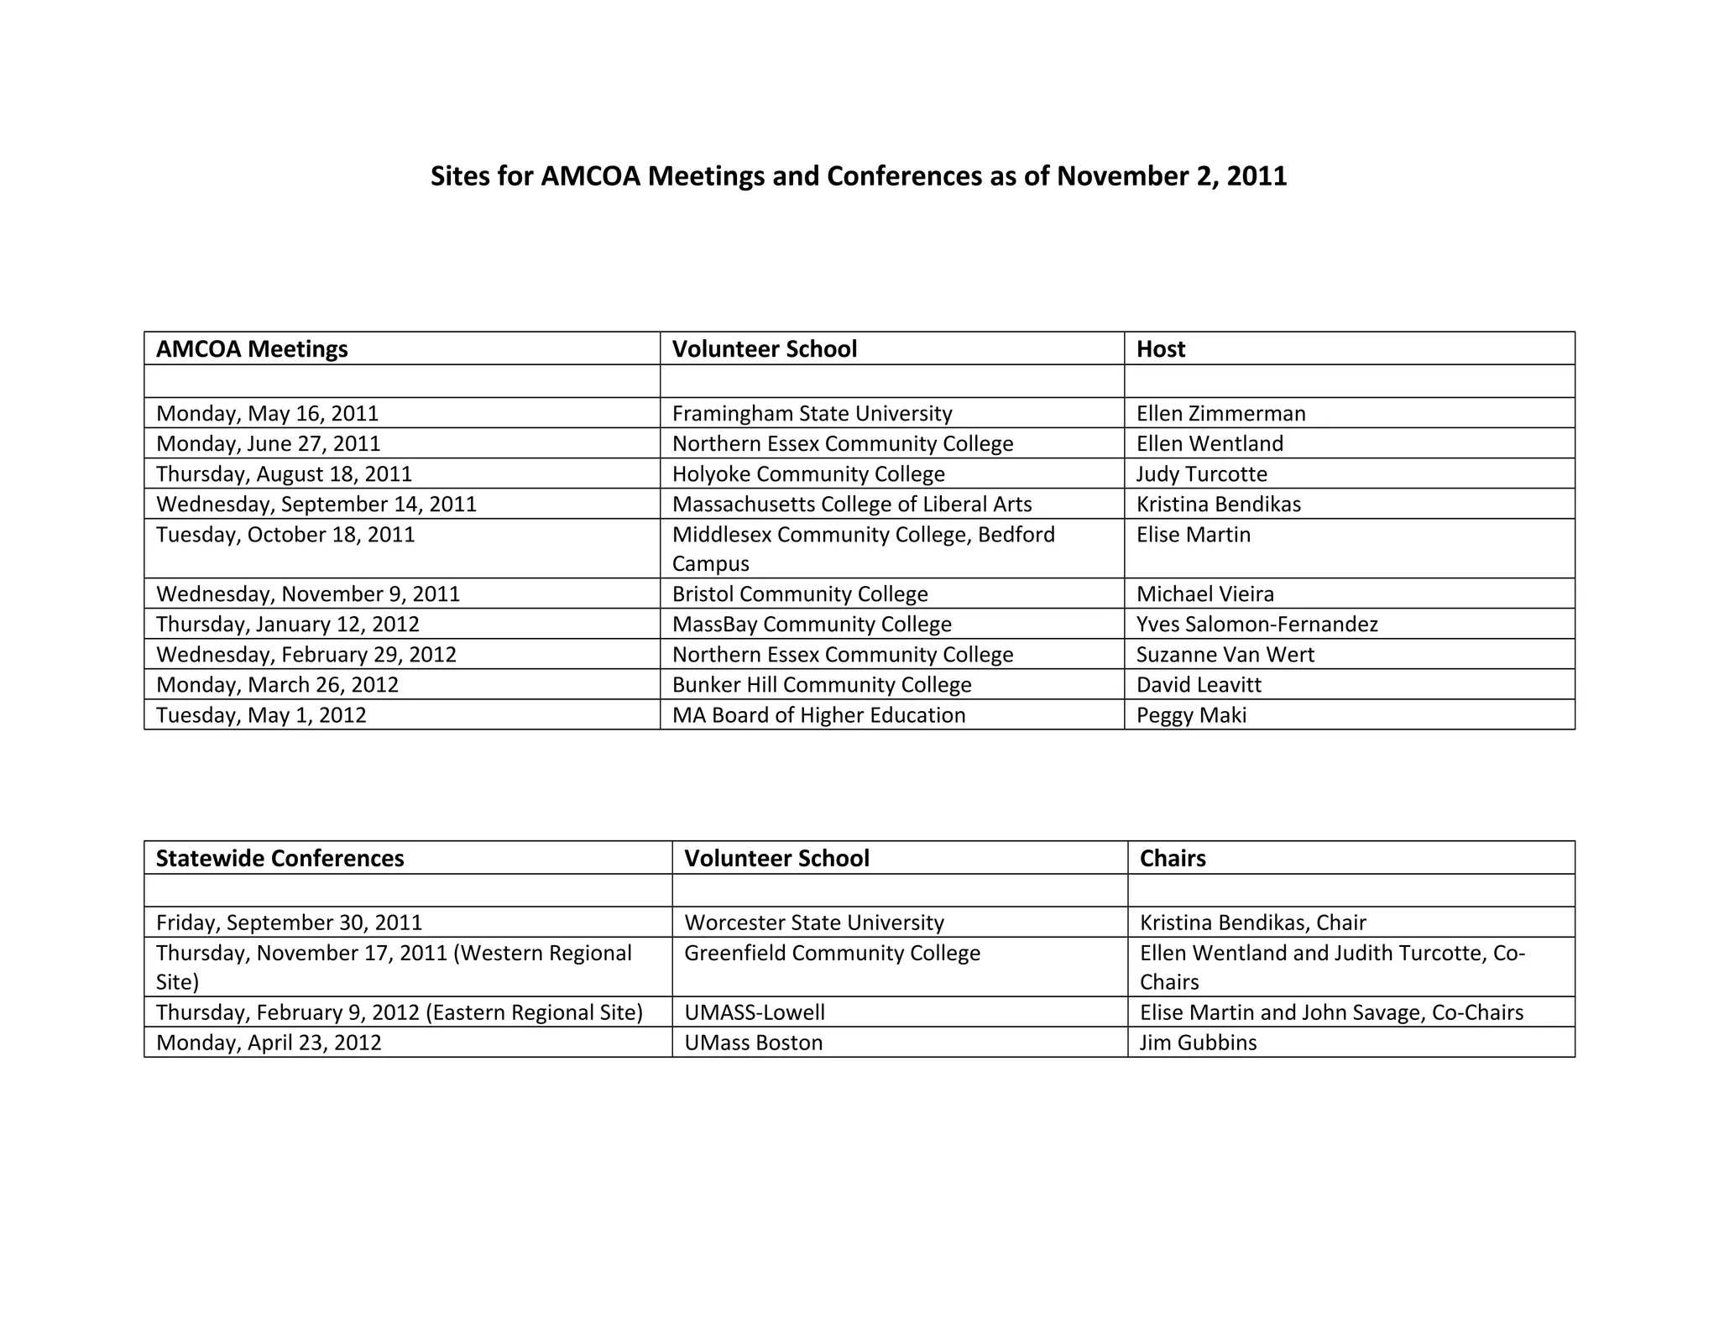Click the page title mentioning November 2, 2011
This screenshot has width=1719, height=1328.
coord(858,176)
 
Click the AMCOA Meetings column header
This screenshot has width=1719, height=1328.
coord(252,349)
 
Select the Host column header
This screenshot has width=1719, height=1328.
coord(1160,349)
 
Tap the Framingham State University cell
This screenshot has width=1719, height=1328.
coord(812,414)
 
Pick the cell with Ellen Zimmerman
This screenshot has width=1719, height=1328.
coord(1220,414)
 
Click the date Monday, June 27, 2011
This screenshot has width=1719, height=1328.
coord(268,444)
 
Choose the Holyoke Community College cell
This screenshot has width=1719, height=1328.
coord(808,474)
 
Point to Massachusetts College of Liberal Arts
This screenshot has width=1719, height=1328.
coord(852,505)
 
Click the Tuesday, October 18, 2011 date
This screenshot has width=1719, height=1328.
coord(285,535)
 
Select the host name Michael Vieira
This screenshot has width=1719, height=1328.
coord(1204,594)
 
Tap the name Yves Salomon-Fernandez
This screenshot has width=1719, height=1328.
coord(1257,625)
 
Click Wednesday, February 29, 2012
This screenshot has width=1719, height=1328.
coord(306,655)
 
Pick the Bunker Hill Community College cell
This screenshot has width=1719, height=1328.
coord(822,685)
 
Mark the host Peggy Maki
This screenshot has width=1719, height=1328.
coord(1191,715)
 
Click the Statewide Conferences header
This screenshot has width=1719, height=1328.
coord(280,859)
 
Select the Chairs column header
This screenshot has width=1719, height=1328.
coord(1173,859)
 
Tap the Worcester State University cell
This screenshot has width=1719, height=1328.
coord(814,923)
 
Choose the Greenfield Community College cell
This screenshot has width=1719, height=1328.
coord(832,954)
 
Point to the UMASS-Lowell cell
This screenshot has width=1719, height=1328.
coord(755,1013)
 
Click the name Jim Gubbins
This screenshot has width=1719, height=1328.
coord(1198,1043)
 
